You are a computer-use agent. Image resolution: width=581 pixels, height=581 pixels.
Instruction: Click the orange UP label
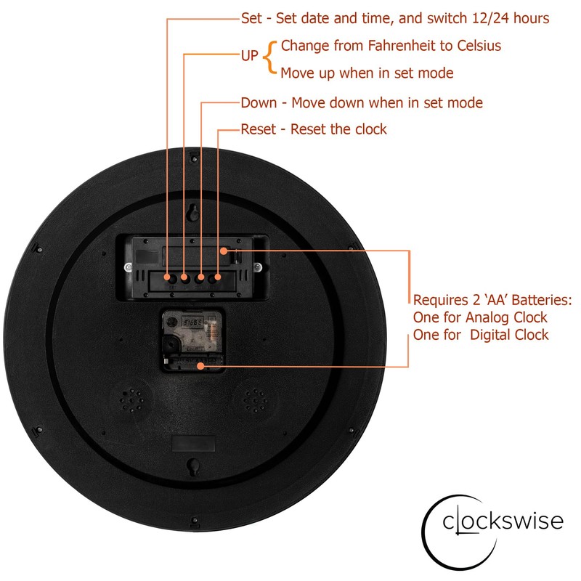tap(249, 55)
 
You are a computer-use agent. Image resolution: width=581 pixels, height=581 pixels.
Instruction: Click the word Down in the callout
tap(259, 102)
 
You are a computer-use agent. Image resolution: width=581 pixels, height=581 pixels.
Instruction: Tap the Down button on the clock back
tap(201, 278)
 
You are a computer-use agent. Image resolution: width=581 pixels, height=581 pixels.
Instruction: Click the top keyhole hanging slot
tap(194, 214)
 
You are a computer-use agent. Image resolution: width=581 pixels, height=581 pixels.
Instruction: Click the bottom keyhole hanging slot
tap(194, 466)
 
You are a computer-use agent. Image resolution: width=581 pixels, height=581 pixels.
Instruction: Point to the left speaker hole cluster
tap(132, 399)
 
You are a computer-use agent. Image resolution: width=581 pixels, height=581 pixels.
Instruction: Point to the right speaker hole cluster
tap(255, 399)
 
